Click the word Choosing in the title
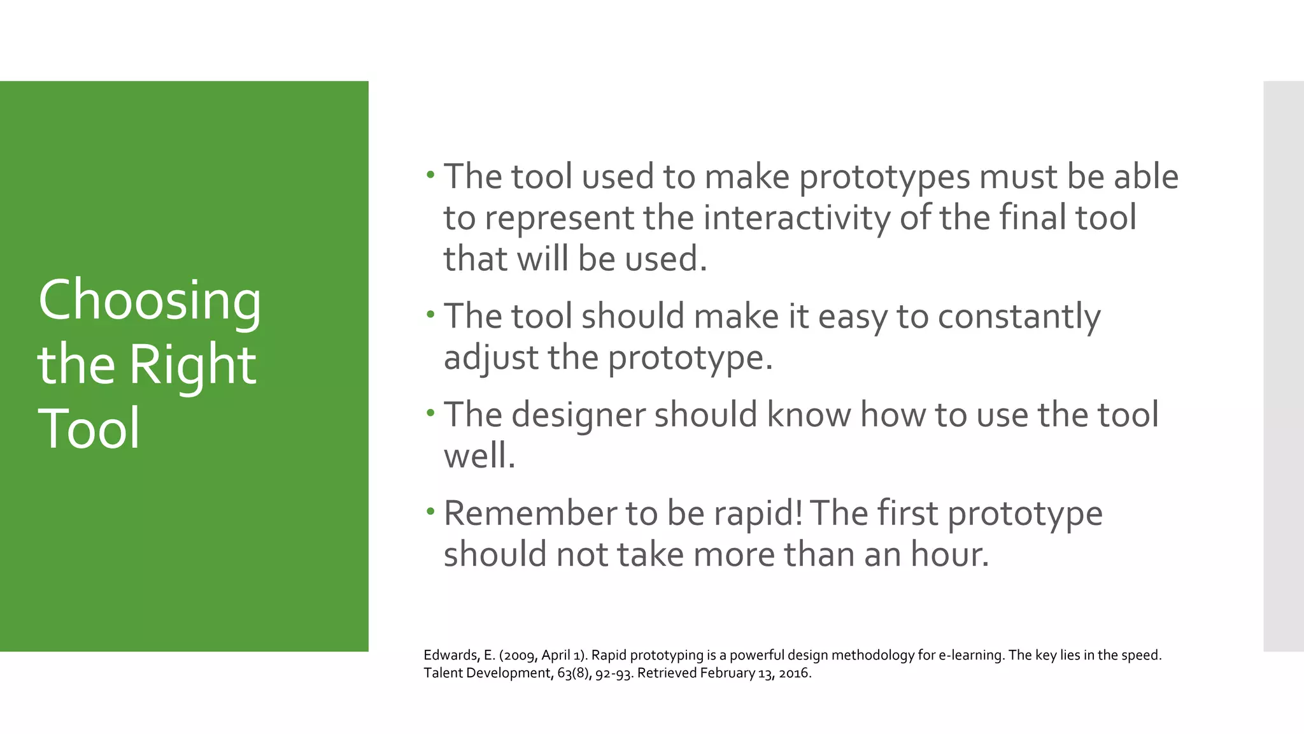[150, 301]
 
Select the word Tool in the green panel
[89, 428]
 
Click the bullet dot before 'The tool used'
[430, 173]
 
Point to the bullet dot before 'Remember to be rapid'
[430, 510]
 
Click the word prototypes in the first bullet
[884, 177]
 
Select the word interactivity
[797, 218]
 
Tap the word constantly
[1019, 317]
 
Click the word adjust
[491, 357]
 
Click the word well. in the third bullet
[479, 456]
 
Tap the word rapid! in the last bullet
[758, 514]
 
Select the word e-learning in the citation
[970, 655]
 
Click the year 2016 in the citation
[794, 673]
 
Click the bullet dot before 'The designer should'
[430, 412]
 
